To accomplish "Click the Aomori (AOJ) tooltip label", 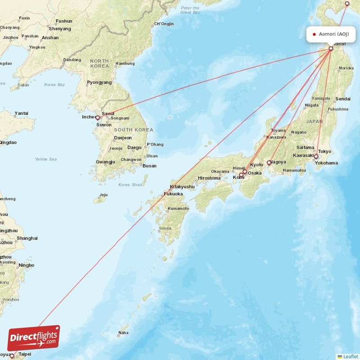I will point(330,34).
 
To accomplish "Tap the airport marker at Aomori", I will point(331,49).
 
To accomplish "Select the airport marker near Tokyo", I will point(316,157).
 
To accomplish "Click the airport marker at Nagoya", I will point(269,162).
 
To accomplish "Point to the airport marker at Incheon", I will point(97,117).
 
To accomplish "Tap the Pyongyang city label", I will point(99,82).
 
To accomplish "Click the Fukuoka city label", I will point(173,194).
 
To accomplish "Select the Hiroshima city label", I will point(209,178).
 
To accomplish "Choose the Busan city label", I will point(149,166).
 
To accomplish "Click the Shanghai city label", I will point(27,238).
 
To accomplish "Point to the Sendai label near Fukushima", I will point(343,99).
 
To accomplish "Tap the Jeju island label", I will point(103,195).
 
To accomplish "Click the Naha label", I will point(123,333).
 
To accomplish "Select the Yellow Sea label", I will point(46,159).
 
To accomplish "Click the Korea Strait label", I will point(130,184).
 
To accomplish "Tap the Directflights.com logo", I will point(34,337).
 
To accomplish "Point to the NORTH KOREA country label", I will point(99,63).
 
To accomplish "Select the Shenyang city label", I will point(60,28).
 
